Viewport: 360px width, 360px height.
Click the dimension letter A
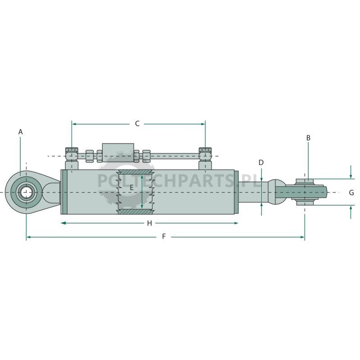21,132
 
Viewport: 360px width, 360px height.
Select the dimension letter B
308,138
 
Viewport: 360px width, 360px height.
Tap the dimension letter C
137,124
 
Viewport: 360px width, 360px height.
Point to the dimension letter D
261,162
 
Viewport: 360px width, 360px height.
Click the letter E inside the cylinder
131,188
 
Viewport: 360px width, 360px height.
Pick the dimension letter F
164,236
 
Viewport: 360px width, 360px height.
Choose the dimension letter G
351,193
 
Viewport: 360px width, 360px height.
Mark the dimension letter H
149,223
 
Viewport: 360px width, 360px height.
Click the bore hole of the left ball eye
26,192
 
